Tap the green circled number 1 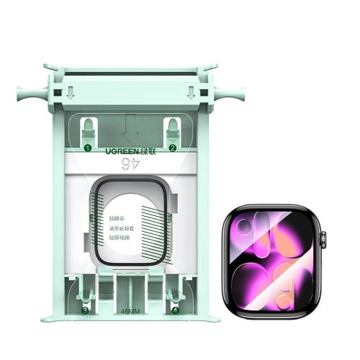coord(87,148)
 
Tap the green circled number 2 coord(173,148)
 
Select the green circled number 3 coord(85,311)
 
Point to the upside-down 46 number coord(130,165)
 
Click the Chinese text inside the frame coord(118,227)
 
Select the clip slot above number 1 coord(87,130)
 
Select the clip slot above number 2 coord(173,130)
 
